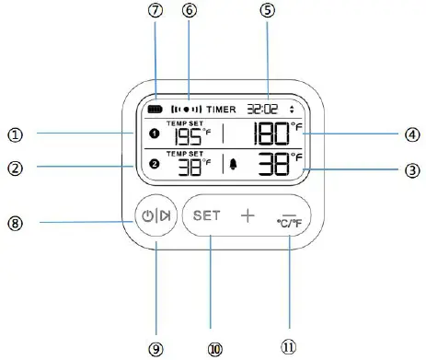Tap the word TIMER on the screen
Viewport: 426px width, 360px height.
pyautogui.click(x=222, y=109)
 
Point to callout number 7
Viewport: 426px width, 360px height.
pyautogui.click(x=155, y=11)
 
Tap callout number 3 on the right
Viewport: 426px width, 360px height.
pyautogui.click(x=411, y=170)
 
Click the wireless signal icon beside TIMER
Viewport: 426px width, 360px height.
pyautogui.click(x=188, y=109)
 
